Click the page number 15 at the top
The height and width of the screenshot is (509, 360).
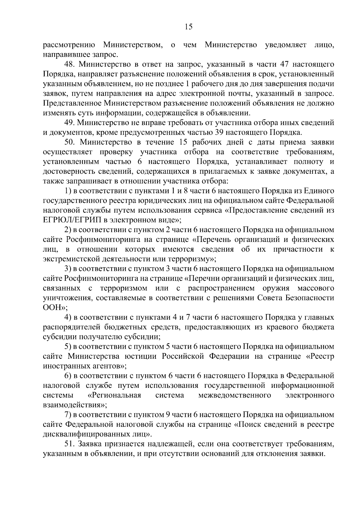pyautogui.click(x=189, y=27)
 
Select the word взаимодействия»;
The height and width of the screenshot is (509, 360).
pyautogui.click(x=75, y=405)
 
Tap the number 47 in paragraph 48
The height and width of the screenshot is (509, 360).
pyautogui.click(x=284, y=64)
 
